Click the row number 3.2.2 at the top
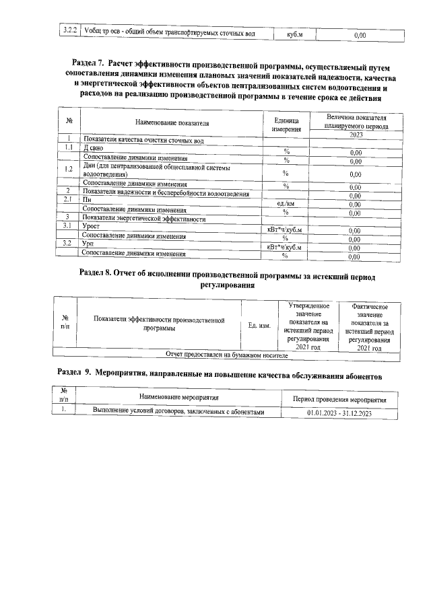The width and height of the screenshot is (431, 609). (68, 32)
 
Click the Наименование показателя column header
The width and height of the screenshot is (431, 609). (171, 124)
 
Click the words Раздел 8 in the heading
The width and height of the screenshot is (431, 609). (98, 277)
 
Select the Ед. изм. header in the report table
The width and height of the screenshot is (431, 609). (259, 326)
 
